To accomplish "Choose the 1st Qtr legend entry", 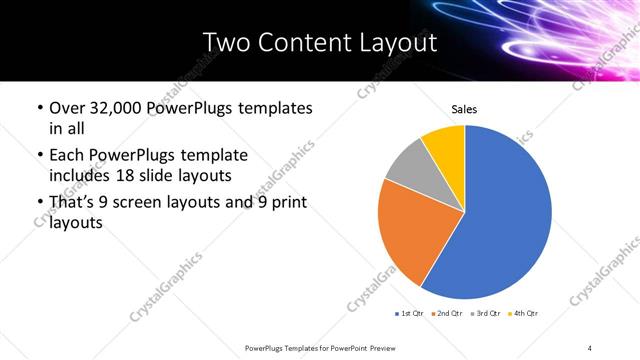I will pos(410,314).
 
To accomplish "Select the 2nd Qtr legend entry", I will pos(445,314).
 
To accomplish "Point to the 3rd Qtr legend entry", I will pos(485,314).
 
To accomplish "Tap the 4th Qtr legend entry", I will pos(522,314).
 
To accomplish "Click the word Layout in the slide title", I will pos(394,42).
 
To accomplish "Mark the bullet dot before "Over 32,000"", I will pos(39,108).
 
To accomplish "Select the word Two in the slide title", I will pos(223,42).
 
